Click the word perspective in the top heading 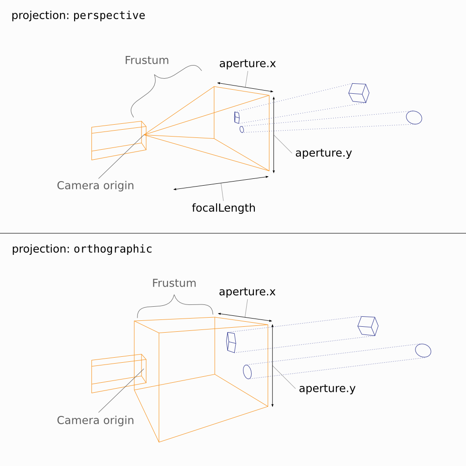click(109, 15)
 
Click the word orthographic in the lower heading click(113, 249)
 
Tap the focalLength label click(223, 208)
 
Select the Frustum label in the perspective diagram click(147, 60)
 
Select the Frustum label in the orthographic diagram click(174, 283)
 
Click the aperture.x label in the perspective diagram click(247, 63)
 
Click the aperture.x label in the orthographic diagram click(247, 292)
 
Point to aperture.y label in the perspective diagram click(323, 152)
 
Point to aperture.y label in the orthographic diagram click(327, 388)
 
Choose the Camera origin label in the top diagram click(95, 185)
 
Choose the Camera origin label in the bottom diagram click(95, 420)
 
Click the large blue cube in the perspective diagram click(359, 93)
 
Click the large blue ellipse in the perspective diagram click(414, 117)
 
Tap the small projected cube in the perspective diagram click(237, 117)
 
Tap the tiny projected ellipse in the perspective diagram click(242, 129)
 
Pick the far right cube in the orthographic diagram click(368, 326)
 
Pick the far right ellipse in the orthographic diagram click(423, 350)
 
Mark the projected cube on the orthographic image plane click(231, 342)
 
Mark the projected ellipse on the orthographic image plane click(247, 372)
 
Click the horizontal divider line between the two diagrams click(233, 233)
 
